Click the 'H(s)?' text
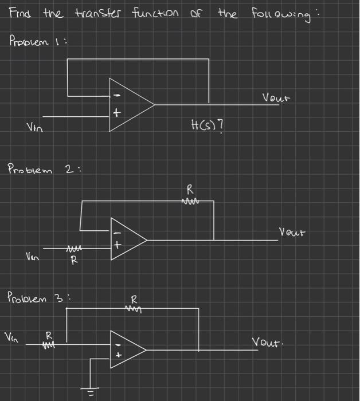pos(207,123)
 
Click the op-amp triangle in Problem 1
pos(130,105)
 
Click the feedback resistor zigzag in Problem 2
pos(190,200)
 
